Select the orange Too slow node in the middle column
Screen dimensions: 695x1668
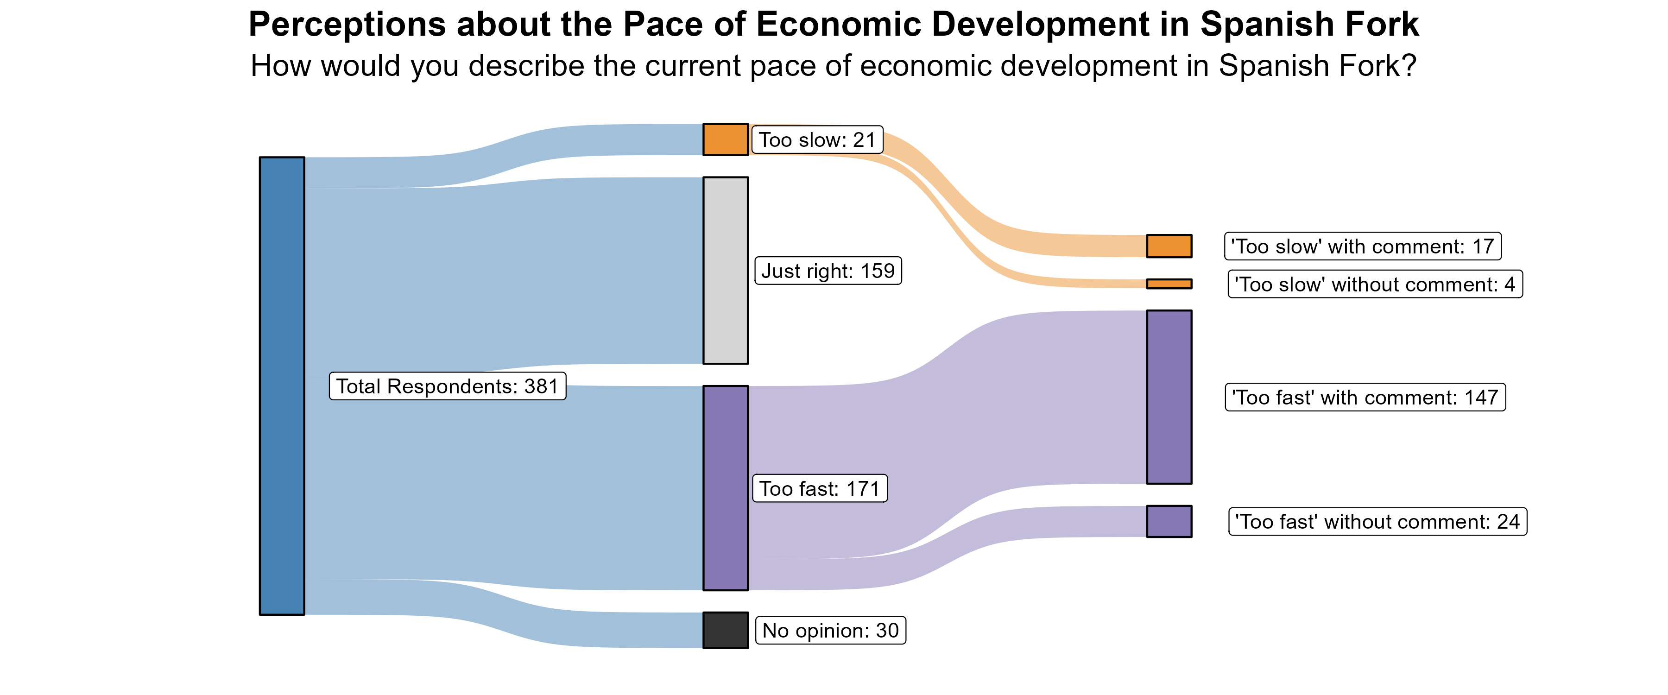[725, 139]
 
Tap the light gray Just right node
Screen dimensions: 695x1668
[725, 270]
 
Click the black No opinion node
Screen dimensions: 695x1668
[725, 630]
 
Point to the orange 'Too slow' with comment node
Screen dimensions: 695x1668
[1169, 246]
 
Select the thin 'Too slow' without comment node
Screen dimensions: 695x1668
[1169, 284]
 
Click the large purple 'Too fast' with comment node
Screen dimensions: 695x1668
[1169, 397]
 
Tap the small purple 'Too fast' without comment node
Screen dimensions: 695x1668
[1169, 521]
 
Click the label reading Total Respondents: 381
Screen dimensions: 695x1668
[448, 386]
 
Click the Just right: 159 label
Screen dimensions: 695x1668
[828, 271]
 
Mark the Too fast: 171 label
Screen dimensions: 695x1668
[819, 488]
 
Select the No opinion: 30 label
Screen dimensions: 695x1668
[830, 630]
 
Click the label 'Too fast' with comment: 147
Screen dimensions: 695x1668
[1365, 397]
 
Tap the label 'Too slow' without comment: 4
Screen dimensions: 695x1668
[1375, 284]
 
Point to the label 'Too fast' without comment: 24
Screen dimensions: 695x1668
[1377, 521]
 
